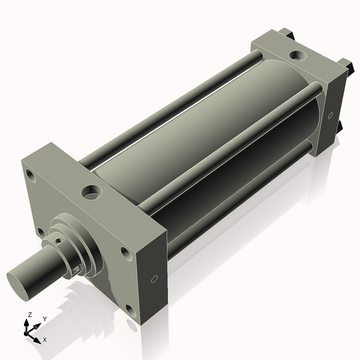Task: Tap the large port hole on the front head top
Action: point(92,193)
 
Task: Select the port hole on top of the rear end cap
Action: point(296,56)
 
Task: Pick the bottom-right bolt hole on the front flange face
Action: point(130,310)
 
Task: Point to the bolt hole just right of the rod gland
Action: point(126,253)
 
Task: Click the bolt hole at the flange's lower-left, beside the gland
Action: point(40,232)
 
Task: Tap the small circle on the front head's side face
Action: point(154,279)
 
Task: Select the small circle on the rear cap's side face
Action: point(330,115)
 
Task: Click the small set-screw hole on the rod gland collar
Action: point(58,241)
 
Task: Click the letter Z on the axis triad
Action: point(29,315)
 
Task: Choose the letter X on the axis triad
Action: point(45,340)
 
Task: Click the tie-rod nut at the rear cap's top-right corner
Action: point(346,64)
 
